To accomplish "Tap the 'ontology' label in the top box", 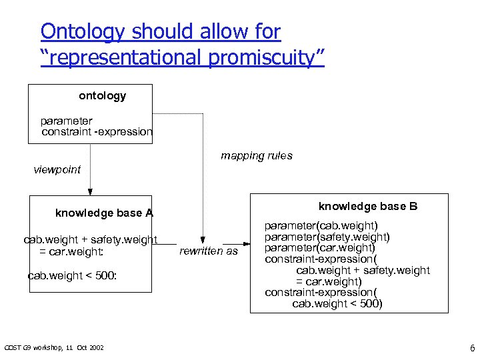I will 102,96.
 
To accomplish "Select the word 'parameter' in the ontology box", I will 66,121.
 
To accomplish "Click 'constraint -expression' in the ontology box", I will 97,131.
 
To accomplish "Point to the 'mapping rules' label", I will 256,156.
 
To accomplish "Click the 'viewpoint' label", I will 57,169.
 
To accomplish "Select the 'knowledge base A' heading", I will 104,213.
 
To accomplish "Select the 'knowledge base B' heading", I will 368,206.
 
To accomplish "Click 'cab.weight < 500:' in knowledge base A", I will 72,275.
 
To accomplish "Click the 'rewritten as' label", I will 209,251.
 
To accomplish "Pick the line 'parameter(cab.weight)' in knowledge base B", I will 321,226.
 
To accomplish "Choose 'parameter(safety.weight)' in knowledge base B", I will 327,237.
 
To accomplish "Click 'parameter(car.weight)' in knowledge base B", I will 319,248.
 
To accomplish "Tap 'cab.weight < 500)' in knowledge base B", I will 337,303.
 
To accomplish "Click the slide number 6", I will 472,347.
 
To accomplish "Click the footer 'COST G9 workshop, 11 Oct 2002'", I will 54,347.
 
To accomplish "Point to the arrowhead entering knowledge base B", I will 245,243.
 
